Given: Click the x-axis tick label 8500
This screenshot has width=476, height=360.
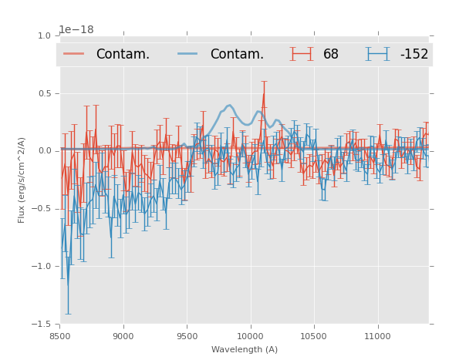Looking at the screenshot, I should point(60,336).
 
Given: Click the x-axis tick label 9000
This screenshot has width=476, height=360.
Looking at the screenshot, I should point(123,336).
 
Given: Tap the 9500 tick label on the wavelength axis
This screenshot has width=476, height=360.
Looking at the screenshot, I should point(187,336).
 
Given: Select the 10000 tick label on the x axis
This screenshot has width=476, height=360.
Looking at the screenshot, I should point(250,336).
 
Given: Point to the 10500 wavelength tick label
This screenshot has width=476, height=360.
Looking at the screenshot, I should point(313,336).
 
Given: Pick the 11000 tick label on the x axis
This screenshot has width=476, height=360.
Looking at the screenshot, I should point(376,336).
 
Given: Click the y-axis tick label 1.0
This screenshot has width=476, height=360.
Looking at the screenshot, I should point(44,35).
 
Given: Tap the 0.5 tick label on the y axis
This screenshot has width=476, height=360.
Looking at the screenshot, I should point(44,93).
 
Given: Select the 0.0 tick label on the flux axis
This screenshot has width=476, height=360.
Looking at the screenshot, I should point(44,151).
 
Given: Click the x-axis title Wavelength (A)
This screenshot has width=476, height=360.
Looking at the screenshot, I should point(245,349).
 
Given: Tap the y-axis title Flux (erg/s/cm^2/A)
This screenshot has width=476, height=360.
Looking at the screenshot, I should point(22,180).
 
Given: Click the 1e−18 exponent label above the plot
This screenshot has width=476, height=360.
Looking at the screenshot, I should point(76,30).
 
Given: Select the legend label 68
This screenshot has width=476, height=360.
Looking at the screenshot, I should point(331,54).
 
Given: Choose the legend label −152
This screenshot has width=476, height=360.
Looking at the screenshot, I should point(414,54).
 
